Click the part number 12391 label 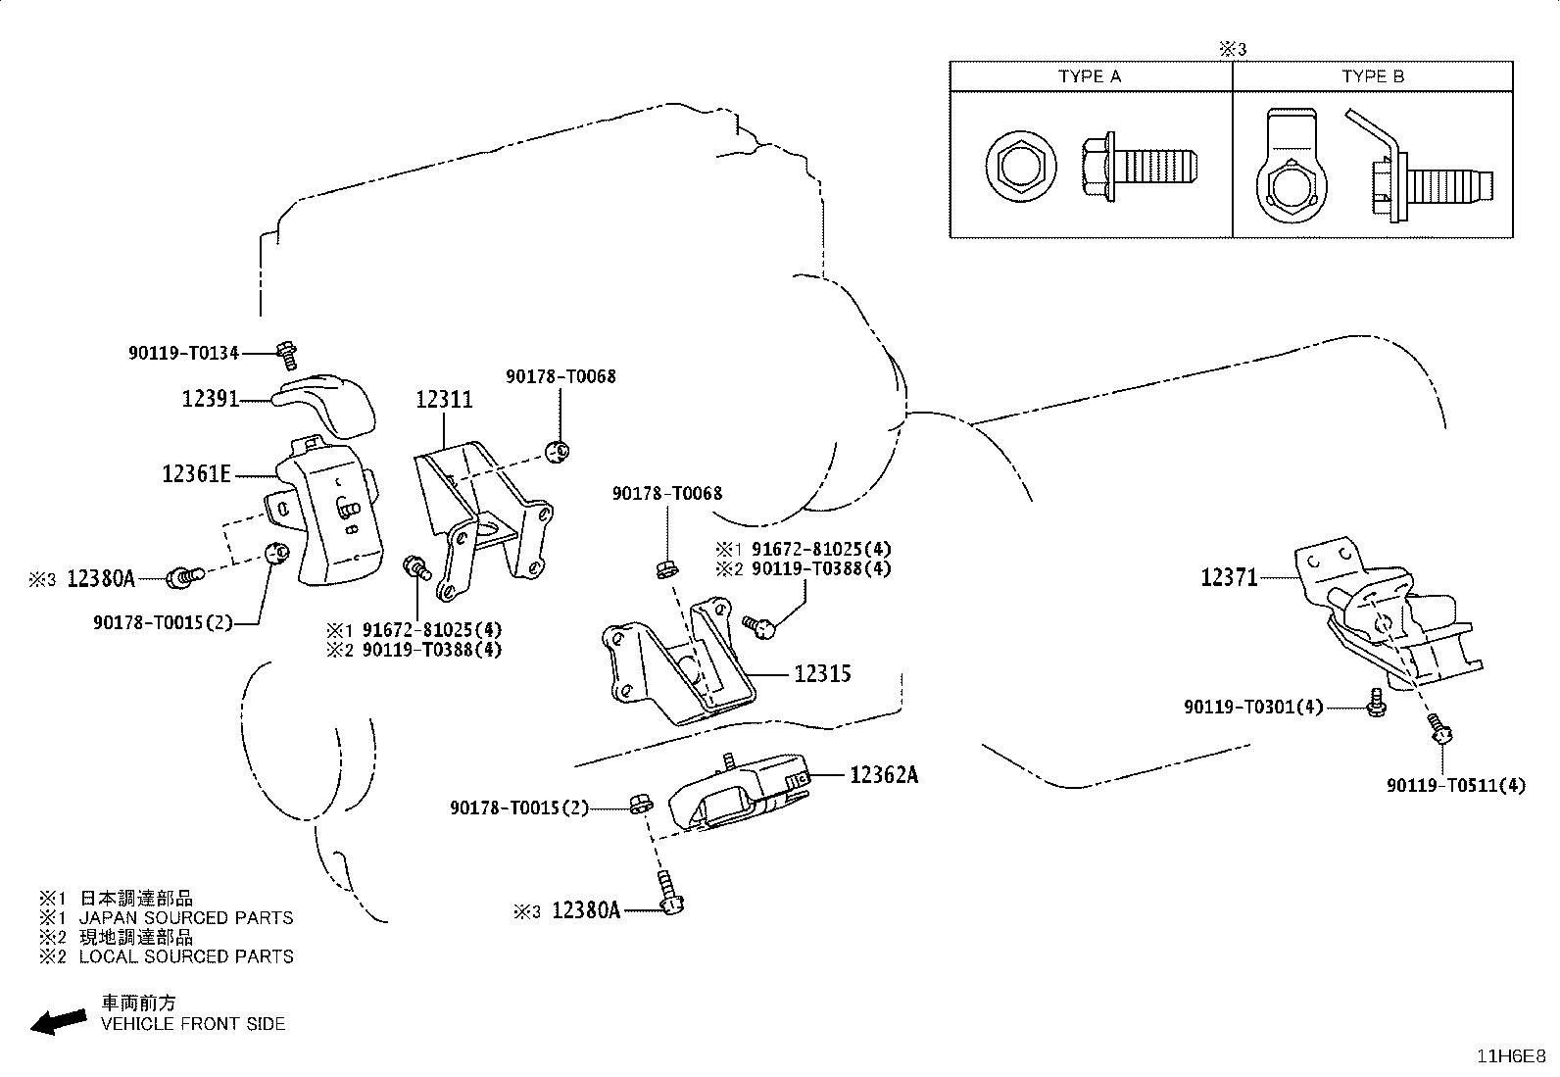click(211, 399)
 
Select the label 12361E click(196, 474)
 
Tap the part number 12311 click(444, 400)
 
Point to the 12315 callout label click(822, 673)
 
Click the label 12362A click(885, 774)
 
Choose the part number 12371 click(1229, 577)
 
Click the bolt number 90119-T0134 click(184, 353)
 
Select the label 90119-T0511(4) click(1456, 786)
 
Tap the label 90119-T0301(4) click(1253, 708)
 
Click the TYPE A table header click(1090, 76)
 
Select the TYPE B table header click(1374, 76)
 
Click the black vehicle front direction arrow click(59, 1022)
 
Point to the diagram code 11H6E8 click(1511, 1056)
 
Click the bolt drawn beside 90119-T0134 click(287, 356)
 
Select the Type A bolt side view click(1140, 168)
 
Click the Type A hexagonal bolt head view click(1021, 168)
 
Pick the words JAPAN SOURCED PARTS click(186, 918)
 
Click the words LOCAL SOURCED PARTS click(186, 956)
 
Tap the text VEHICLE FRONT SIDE click(193, 1024)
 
